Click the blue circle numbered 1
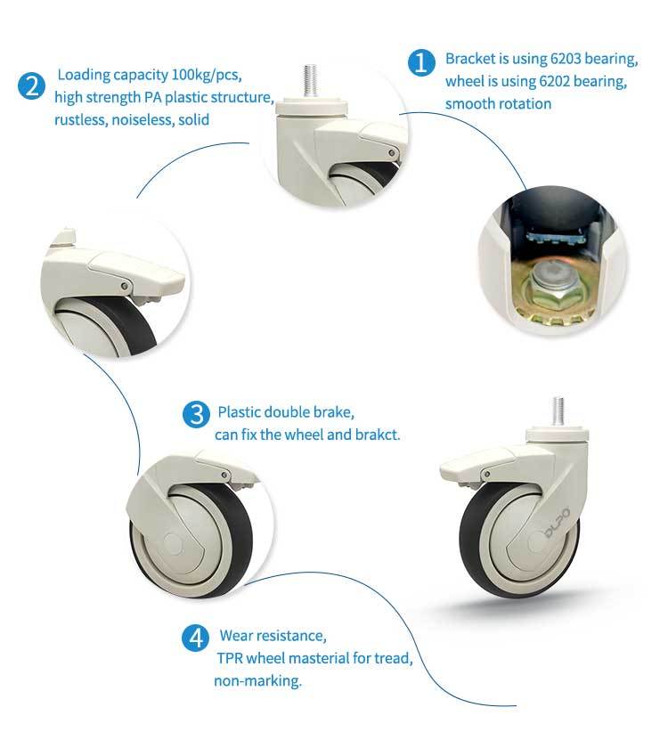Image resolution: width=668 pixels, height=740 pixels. click(x=421, y=62)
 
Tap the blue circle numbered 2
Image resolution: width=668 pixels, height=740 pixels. click(x=32, y=86)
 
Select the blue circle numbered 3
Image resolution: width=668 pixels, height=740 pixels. click(x=196, y=414)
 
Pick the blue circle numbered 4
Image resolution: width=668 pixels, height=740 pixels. click(x=195, y=638)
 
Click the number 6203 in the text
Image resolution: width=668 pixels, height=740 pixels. click(x=565, y=59)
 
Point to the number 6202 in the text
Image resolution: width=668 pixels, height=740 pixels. click(x=554, y=81)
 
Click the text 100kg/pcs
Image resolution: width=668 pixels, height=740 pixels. click(x=207, y=75)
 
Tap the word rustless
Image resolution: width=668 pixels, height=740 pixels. click(x=81, y=120)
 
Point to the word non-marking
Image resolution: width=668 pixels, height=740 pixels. click(x=257, y=680)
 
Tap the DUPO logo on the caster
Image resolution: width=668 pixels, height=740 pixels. click(x=557, y=522)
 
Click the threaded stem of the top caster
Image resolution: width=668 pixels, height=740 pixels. click(x=310, y=79)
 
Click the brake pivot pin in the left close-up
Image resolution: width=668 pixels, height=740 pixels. click(x=125, y=286)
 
